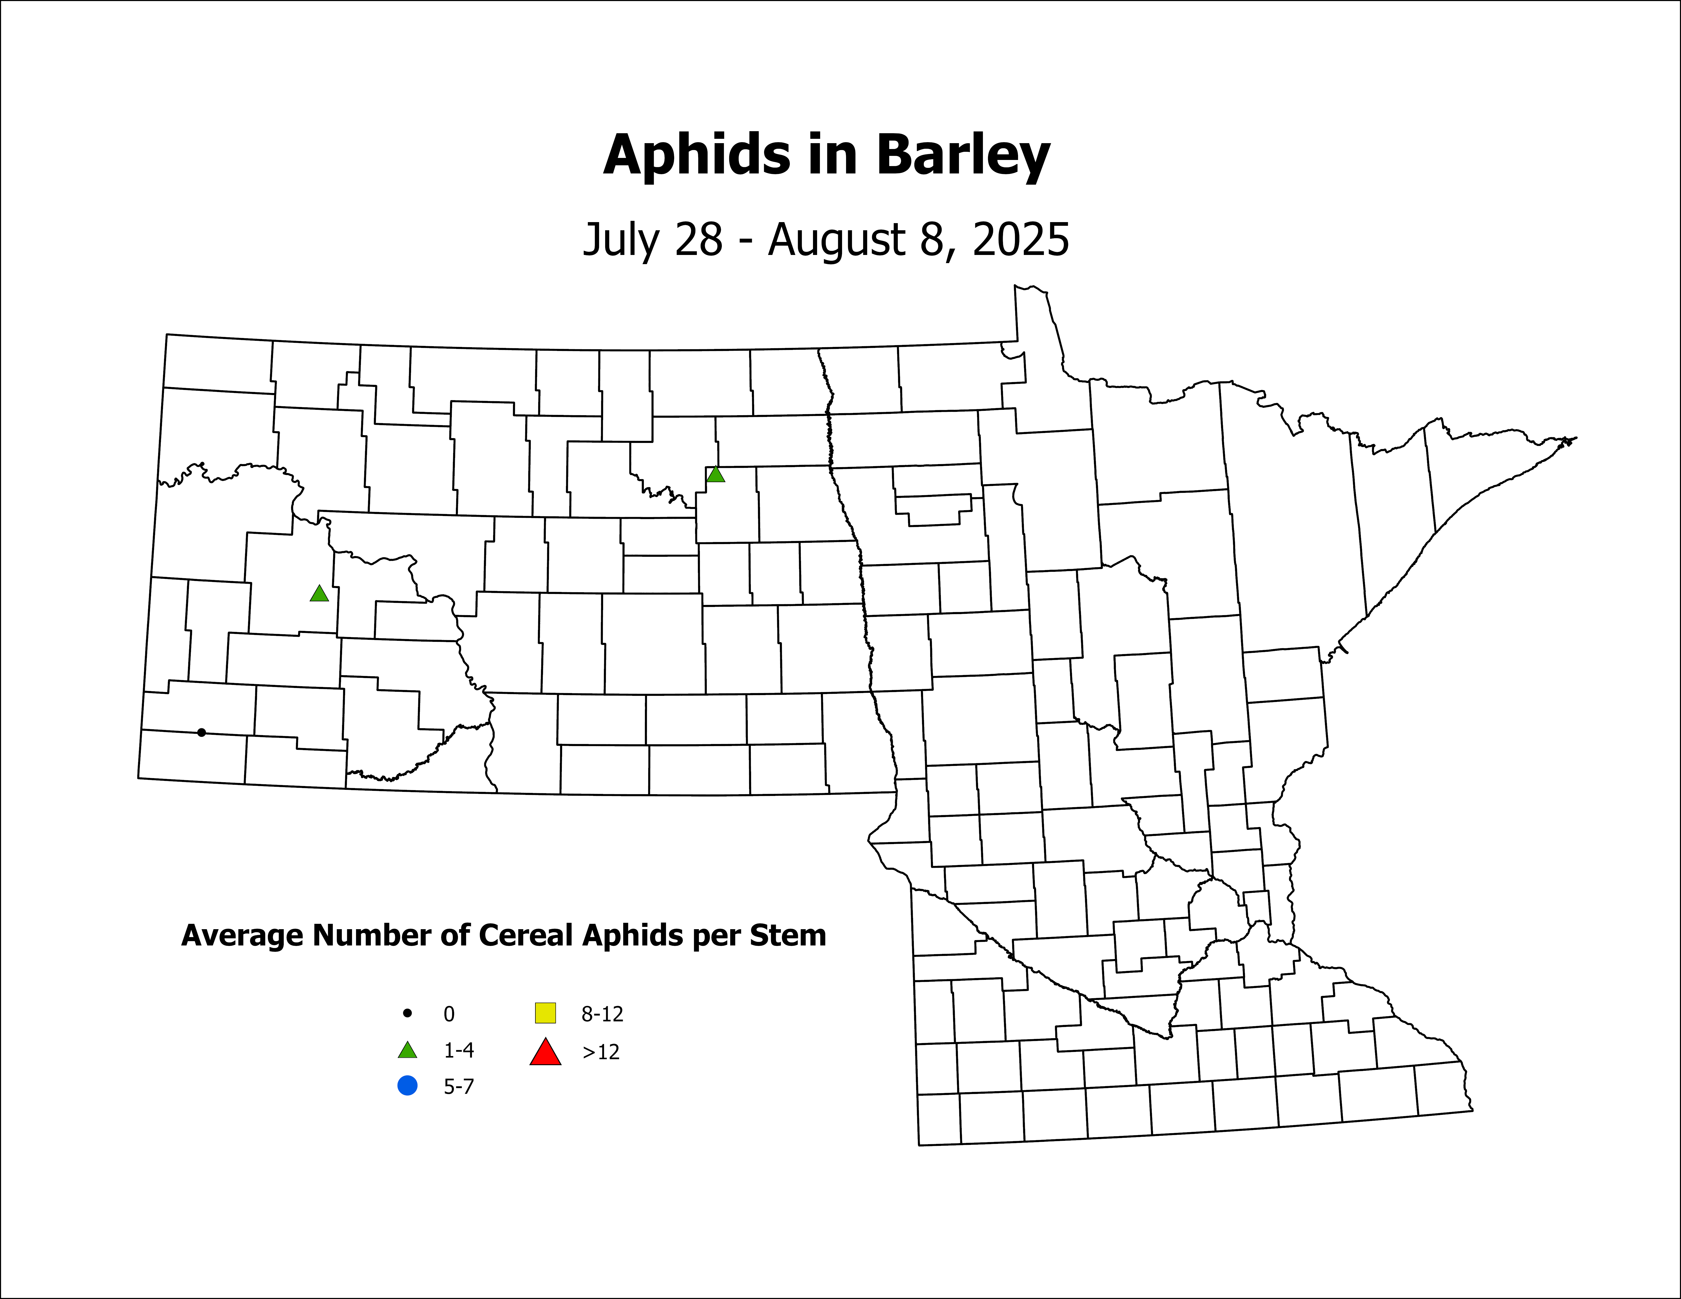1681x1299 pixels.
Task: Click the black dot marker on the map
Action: [202, 733]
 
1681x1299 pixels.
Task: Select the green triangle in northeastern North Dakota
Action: [716, 474]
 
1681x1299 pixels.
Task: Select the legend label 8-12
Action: [602, 1014]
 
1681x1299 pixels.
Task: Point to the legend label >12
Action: [600, 1052]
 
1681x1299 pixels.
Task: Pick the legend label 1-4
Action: [459, 1050]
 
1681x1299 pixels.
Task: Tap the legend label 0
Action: [449, 1014]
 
